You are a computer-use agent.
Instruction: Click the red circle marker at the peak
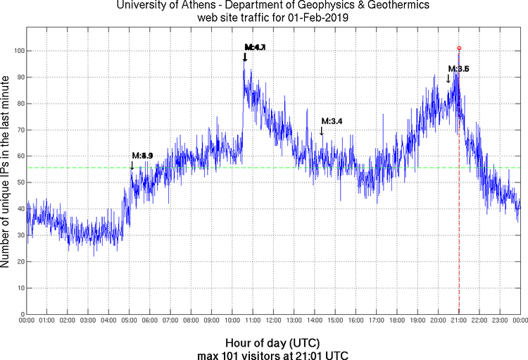(x=459, y=48)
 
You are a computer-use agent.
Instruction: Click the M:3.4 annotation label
(x=331, y=121)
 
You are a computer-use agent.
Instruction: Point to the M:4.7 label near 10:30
(x=255, y=47)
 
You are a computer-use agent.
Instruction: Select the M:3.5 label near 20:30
(x=458, y=68)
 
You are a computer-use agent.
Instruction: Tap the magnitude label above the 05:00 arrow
(x=142, y=155)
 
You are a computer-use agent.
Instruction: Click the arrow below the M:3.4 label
(x=322, y=131)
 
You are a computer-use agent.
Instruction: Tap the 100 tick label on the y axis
(x=15, y=51)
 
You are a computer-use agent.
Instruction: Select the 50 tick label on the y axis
(x=18, y=182)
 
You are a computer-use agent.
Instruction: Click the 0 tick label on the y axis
(x=20, y=314)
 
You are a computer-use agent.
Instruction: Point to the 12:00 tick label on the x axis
(x=274, y=321)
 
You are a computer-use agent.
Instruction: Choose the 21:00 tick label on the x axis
(x=459, y=321)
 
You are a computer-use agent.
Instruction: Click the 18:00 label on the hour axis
(x=397, y=321)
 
